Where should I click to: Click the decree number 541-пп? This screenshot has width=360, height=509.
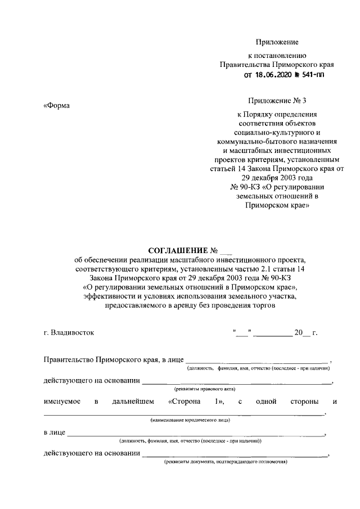coord(313,75)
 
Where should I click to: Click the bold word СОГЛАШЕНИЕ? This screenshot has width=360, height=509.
coord(177,250)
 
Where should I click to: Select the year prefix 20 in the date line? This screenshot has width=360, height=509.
coord(299,332)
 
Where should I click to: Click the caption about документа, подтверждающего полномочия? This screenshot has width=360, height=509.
coord(226,462)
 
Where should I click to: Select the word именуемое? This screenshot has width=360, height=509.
coord(62,401)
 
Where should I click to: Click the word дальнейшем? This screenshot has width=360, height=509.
coord(131,401)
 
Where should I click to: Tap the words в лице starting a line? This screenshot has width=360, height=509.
coord(54,433)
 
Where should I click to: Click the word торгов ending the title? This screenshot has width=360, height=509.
coord(264,306)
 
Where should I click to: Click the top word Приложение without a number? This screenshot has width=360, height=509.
coord(277,42)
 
